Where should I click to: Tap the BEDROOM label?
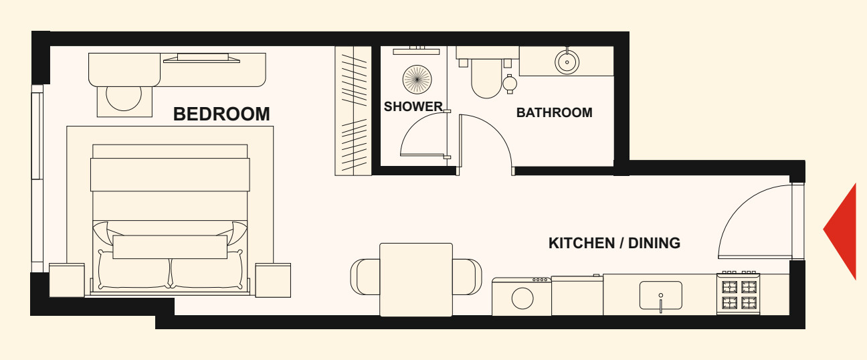tap(221, 114)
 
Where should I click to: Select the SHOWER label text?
tap(413, 106)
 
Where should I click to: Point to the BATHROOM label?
tap(555, 112)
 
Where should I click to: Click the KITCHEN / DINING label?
tap(614, 243)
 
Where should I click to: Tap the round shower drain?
tap(417, 80)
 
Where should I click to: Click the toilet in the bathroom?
tap(486, 78)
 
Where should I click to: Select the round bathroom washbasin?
tap(567, 62)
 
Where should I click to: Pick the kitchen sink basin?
tap(661, 295)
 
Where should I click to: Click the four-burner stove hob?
tap(739, 294)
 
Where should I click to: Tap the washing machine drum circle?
tap(522, 298)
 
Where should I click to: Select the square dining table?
tap(416, 280)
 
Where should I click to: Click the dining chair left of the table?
tap(365, 277)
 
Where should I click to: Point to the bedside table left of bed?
tap(67, 280)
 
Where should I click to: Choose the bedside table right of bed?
tap(273, 280)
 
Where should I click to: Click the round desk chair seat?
tap(124, 98)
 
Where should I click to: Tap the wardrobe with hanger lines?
tap(353, 111)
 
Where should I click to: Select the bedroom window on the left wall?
tap(37, 178)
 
